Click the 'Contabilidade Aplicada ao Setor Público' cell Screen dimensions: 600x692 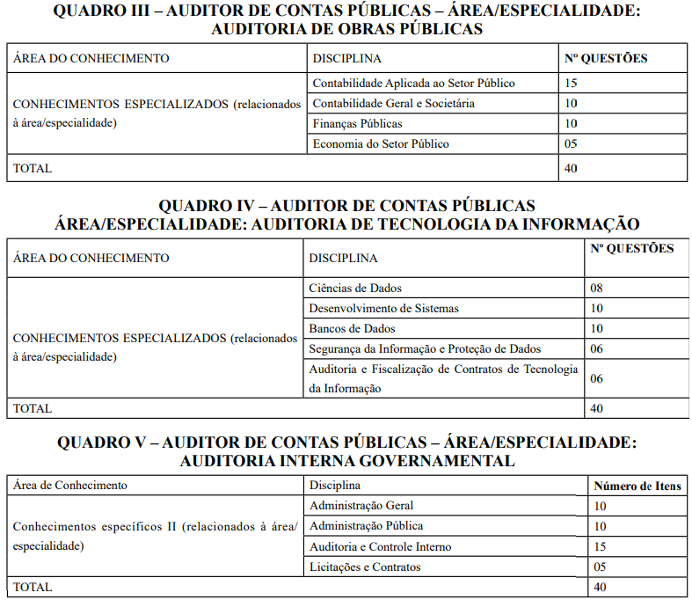point(413,83)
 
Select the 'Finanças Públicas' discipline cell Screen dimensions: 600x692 point(357,123)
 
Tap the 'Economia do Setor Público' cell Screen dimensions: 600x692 point(381,143)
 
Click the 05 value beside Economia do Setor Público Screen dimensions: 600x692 point(571,143)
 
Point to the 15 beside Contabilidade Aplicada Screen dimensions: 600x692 point(571,83)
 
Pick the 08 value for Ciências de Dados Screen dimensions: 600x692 point(597,288)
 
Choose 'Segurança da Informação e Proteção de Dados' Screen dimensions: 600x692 point(425,348)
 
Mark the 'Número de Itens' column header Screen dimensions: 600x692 point(637,486)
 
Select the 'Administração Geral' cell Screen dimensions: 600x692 point(361,506)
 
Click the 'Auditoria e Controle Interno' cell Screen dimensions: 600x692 point(381,546)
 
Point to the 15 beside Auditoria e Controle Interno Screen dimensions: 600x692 point(601,546)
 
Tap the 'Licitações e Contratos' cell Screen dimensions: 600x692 point(365,567)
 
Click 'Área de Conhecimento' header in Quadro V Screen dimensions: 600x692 point(69,486)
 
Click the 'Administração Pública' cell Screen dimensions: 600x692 point(367,526)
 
